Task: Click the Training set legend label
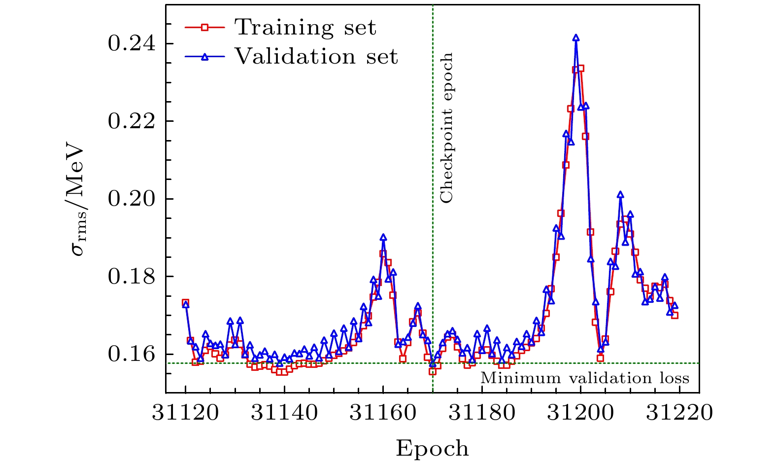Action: [x=305, y=28]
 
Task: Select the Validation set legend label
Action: [x=316, y=57]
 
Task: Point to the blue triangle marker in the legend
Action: [x=205, y=57]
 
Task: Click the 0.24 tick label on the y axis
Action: [x=131, y=44]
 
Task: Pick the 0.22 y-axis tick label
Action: [x=131, y=121]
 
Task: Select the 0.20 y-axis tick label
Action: [x=131, y=199]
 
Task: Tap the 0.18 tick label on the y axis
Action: [x=131, y=277]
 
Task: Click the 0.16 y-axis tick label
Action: [x=131, y=354]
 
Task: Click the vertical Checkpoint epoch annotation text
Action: [x=446, y=128]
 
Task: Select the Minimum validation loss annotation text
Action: [x=584, y=378]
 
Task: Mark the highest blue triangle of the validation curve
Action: [x=575, y=38]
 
